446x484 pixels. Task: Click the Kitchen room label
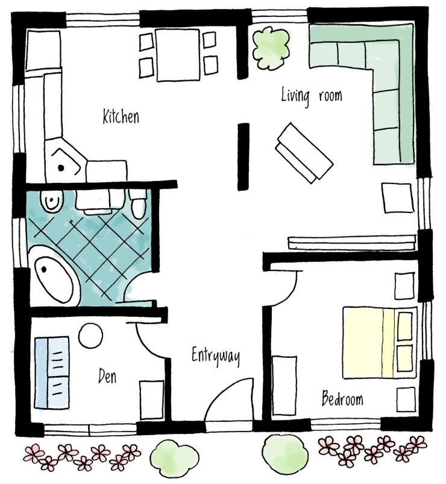(x=121, y=116)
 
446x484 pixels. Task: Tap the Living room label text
(x=312, y=95)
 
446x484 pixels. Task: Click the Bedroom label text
(x=342, y=398)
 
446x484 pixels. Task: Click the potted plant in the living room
(x=271, y=48)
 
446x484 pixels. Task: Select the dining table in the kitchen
(x=178, y=55)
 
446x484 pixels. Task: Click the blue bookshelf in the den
(x=52, y=372)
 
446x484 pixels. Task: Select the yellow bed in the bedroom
(x=378, y=343)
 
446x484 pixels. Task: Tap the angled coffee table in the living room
(x=304, y=153)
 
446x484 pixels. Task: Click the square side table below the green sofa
(x=398, y=198)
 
